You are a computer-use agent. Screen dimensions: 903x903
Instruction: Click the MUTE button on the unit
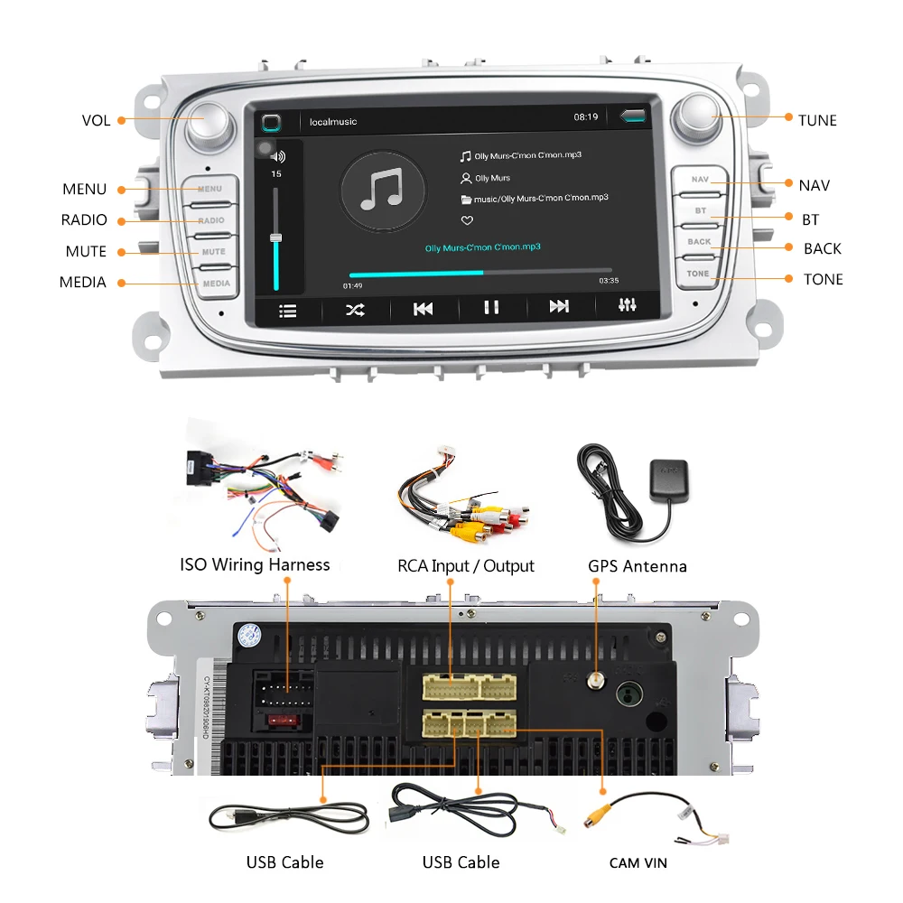213,252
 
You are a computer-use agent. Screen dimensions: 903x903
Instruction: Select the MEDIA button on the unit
215,284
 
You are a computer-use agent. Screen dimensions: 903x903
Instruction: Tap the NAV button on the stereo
700,180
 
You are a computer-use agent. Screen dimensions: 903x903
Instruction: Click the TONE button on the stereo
698,274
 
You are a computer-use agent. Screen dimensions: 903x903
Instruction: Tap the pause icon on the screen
490,308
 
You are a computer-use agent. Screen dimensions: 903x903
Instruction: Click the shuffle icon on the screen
355,310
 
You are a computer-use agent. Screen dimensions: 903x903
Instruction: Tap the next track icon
559,308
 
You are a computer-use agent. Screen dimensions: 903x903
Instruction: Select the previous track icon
423,309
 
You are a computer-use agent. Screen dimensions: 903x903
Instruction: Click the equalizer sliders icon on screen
628,306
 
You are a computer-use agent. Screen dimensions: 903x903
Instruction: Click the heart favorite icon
467,220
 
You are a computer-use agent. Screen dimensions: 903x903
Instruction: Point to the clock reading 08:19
586,116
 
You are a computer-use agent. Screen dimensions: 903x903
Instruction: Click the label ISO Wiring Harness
255,564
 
